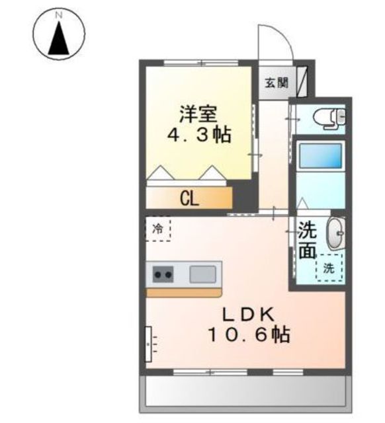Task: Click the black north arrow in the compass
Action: pos(59,38)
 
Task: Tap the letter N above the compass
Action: pos(59,15)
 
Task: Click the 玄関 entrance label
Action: pos(277,83)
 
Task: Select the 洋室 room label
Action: pos(198,114)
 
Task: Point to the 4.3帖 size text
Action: pos(199,135)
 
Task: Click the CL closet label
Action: pos(189,200)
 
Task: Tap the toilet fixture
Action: pos(329,118)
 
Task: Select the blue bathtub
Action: pos(321,156)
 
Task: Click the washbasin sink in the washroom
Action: pos(335,233)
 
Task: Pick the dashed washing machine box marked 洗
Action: pos(329,268)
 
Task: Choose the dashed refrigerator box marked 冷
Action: pos(158,229)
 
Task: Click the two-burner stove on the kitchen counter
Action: pos(163,275)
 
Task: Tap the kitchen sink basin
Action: pos(203,274)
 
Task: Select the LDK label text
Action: pos(248,315)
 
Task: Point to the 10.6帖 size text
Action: pos(249,335)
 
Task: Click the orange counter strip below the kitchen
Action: pos(184,293)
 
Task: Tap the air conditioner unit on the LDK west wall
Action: pos(148,344)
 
